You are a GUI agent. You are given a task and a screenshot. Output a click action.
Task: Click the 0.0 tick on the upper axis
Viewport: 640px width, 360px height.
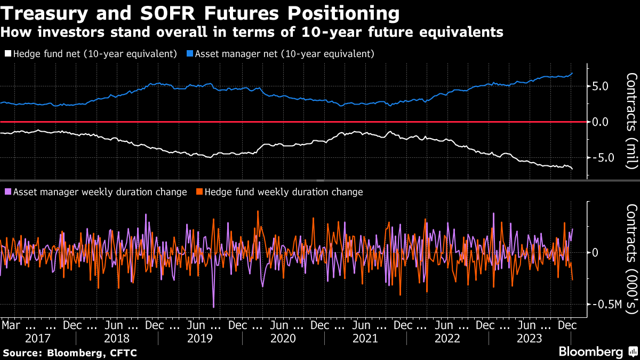[604, 122]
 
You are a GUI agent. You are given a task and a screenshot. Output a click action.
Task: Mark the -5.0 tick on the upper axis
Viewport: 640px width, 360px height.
[602, 158]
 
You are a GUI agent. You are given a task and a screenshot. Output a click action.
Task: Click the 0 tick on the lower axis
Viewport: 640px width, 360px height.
[595, 253]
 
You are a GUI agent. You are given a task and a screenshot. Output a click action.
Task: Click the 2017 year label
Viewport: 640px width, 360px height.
[38, 339]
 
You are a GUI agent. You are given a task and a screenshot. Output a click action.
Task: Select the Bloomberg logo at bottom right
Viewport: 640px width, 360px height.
[590, 352]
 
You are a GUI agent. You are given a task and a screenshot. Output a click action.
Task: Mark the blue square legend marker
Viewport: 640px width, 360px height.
[190, 54]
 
